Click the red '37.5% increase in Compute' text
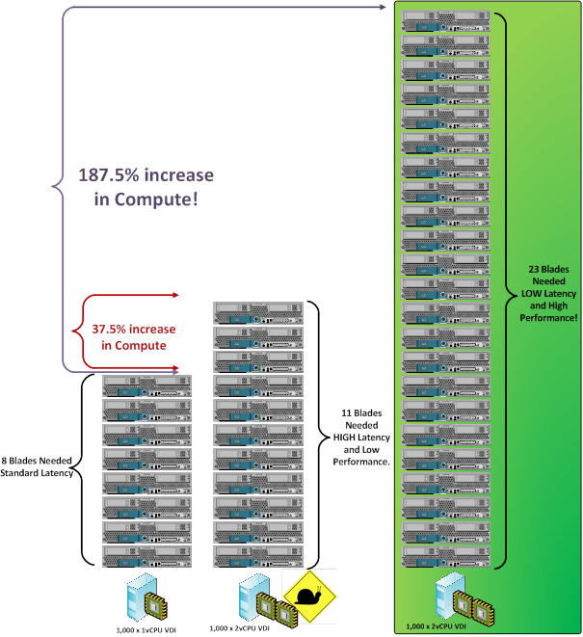pyautogui.click(x=135, y=336)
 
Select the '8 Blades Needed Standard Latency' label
pyautogui.click(x=38, y=466)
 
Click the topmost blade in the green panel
pyautogui.click(x=447, y=20)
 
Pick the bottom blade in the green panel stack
pyautogui.click(x=447, y=555)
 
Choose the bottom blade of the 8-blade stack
pyautogui.click(x=146, y=556)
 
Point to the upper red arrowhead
pyautogui.click(x=176, y=295)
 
